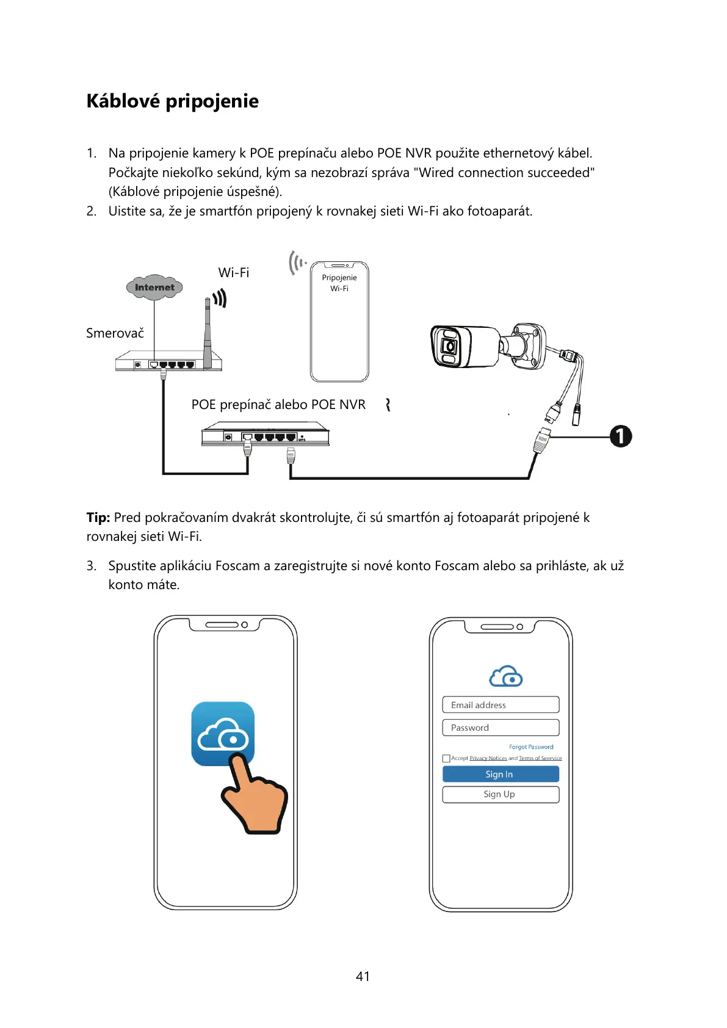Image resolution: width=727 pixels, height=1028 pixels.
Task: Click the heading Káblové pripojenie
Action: coord(172,101)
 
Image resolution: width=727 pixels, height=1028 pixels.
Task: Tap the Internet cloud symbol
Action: coord(154,287)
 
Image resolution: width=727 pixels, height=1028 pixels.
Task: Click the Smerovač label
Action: coord(115,333)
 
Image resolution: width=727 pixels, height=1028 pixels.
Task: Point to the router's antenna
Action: coord(208,333)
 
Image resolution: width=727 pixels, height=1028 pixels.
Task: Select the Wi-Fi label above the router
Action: coord(234,273)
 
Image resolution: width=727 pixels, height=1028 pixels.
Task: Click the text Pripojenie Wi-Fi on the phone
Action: coord(339,283)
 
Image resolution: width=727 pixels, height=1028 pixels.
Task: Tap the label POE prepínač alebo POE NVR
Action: coord(278,405)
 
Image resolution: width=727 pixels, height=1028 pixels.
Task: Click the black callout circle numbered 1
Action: coord(621,436)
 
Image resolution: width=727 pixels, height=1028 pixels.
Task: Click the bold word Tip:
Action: coord(98,518)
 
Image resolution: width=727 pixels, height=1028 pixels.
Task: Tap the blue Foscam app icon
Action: coord(223,733)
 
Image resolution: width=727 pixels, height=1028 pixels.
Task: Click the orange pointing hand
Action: coord(256,797)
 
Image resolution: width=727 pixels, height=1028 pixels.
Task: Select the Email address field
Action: coord(501,704)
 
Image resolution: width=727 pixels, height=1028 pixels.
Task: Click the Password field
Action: coord(501,728)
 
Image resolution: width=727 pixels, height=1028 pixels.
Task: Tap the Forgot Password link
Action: coord(531,747)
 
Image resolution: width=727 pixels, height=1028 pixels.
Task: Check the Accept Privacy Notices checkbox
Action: coord(446,758)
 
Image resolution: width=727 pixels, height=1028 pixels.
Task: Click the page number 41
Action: coord(363,976)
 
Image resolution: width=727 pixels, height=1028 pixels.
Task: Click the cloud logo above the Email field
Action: coord(506,676)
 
